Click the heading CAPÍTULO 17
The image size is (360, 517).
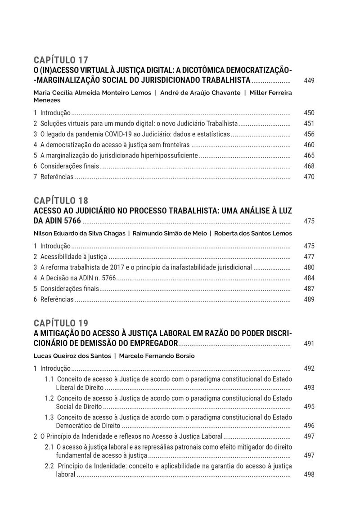(x=61, y=60)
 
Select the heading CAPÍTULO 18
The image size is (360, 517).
(x=61, y=201)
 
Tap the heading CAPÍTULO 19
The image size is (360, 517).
(x=61, y=323)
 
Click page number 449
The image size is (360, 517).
(x=309, y=81)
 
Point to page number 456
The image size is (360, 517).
(x=309, y=134)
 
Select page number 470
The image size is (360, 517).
(x=309, y=177)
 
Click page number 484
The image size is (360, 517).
(x=309, y=278)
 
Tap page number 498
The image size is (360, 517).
(x=309, y=474)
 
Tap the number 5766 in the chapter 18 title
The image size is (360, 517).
(x=72, y=221)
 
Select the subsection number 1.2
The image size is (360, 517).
(x=49, y=398)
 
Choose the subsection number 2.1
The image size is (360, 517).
(x=49, y=447)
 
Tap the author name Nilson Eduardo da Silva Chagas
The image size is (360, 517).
(x=78, y=234)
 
